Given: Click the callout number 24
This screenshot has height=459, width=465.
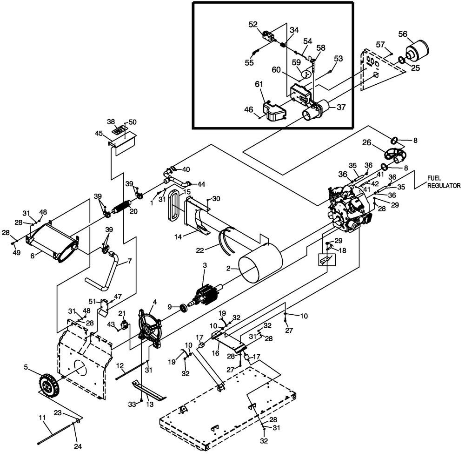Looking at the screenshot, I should [78, 446].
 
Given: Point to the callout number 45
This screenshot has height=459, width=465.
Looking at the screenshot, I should [99, 134].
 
